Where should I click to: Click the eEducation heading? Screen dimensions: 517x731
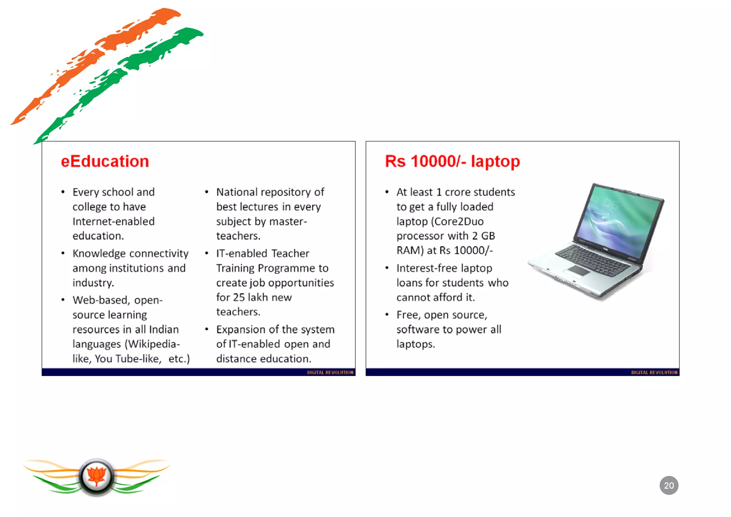coord(105,161)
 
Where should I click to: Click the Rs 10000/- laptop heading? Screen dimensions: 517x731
coord(452,161)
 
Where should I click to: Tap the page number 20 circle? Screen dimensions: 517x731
coord(669,485)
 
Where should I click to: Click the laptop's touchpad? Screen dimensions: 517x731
coord(579,270)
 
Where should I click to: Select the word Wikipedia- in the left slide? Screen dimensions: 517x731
coord(152,344)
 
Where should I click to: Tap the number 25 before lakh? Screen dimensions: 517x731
coord(239,297)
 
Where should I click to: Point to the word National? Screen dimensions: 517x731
coord(237,192)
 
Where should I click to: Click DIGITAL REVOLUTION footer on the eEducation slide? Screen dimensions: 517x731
coord(330,372)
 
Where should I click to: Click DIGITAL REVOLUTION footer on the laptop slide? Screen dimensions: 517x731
coord(654,372)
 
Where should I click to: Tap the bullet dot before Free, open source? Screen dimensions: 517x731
coord(387,315)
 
